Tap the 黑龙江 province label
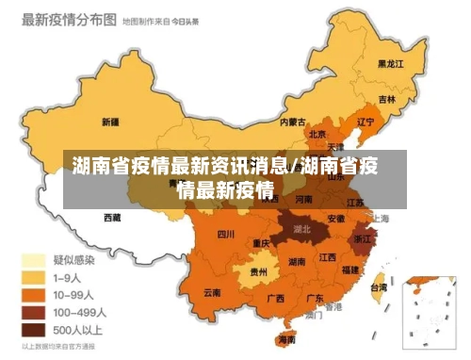[x=390, y=64]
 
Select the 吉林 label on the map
[x=387, y=99]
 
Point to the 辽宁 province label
[x=365, y=122]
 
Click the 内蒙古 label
[x=293, y=122]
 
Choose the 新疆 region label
[x=109, y=122]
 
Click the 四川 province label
[x=226, y=234]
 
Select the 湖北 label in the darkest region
[x=302, y=228]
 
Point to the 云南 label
[x=213, y=292]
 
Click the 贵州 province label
[x=258, y=271]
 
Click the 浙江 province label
[x=364, y=240]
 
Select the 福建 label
[x=350, y=270]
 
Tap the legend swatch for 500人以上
[x=35, y=330]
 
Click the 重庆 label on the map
[x=262, y=243]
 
